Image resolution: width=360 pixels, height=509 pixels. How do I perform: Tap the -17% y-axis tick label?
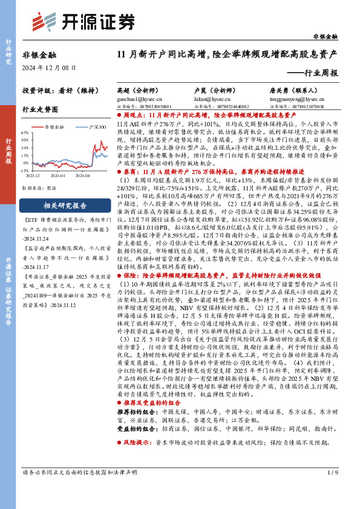[x=25, y=170]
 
